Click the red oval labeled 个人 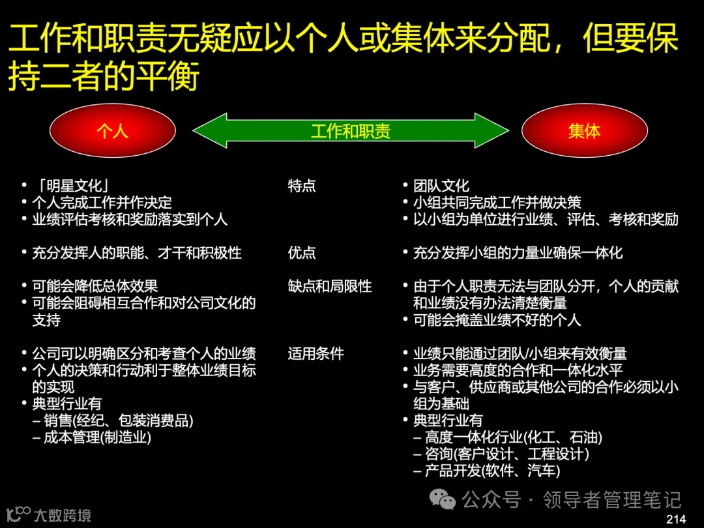coord(112,131)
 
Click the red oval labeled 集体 coord(584,131)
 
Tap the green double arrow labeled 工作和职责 coord(350,131)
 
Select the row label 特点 coord(302,186)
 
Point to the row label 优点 coord(302,253)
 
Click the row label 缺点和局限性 coord(330,286)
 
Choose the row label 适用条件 coord(315,354)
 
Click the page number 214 coord(676,519)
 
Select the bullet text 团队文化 coord(441,186)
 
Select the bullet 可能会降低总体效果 coord(95,286)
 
